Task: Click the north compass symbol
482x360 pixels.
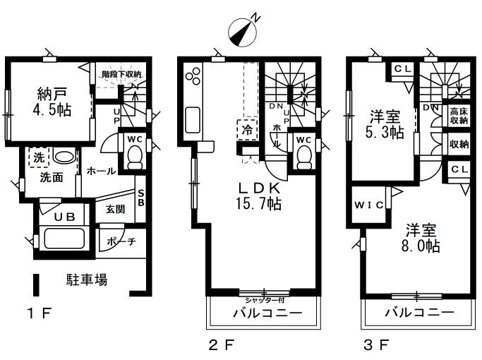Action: pyautogui.click(x=242, y=30)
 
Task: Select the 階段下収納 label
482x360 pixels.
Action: pyautogui.click(x=121, y=73)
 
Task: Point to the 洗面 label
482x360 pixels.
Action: pyautogui.click(x=52, y=177)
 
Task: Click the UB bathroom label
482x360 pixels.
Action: pyautogui.click(x=65, y=217)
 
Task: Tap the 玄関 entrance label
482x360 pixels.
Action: pyautogui.click(x=116, y=210)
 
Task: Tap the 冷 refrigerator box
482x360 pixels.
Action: pyautogui.click(x=247, y=130)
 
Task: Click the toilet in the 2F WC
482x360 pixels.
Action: pyautogui.click(x=304, y=156)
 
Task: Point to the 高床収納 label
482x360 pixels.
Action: pyautogui.click(x=459, y=115)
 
